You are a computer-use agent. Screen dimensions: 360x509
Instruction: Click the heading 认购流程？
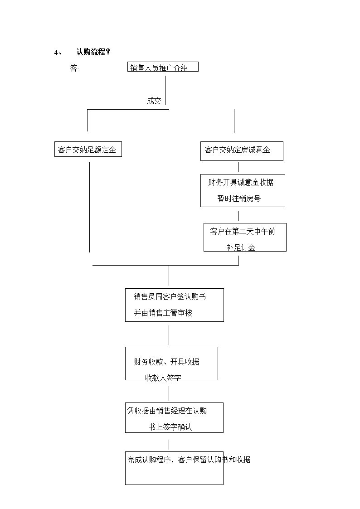93,52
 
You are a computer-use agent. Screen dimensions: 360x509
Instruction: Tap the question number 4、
58,52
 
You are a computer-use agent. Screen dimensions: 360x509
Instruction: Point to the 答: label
74,68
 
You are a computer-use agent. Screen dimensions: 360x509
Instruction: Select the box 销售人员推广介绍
163,67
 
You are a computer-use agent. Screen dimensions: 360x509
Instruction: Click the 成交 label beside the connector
154,101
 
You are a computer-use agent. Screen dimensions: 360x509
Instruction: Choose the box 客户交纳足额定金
88,149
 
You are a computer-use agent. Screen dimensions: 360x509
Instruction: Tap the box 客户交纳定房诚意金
242,151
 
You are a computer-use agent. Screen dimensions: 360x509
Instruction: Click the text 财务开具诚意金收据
241,183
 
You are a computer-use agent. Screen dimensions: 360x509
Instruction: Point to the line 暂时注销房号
239,199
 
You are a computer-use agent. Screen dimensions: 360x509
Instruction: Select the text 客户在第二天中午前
243,231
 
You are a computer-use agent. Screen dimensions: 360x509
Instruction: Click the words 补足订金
241,247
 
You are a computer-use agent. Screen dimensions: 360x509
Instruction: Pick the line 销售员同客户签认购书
170,296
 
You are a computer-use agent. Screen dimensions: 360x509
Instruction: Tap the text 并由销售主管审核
163,313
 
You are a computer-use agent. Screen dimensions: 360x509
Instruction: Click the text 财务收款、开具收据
166,362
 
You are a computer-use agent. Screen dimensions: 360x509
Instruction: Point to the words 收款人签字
163,378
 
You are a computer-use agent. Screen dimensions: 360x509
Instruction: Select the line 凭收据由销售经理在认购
167,411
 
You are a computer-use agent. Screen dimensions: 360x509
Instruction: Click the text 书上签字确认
170,427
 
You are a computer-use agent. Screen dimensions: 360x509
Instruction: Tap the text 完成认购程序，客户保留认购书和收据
189,460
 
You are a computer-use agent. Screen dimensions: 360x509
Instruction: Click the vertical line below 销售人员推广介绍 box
165,90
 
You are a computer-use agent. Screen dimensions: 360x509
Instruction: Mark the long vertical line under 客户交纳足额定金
89,207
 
